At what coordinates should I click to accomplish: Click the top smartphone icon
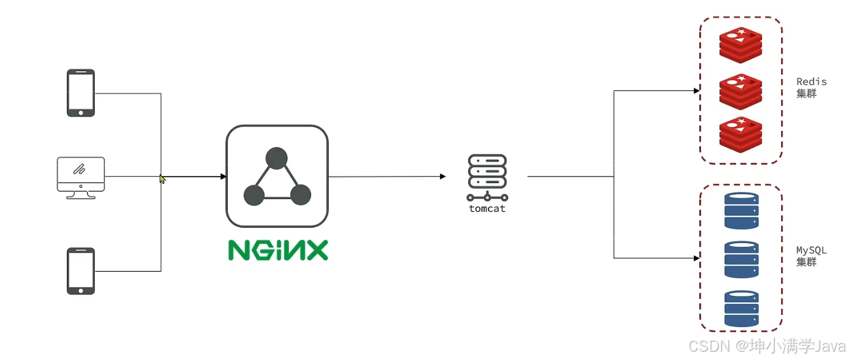click(x=81, y=93)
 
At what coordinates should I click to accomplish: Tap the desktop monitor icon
click(x=81, y=177)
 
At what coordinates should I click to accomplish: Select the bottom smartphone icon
click(x=81, y=271)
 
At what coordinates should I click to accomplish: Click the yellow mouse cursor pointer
click(x=162, y=179)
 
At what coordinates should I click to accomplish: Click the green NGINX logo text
click(x=278, y=250)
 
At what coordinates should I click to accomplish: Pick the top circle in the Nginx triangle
click(x=277, y=158)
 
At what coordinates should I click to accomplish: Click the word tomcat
click(x=487, y=208)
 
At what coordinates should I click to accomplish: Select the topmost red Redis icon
click(x=740, y=45)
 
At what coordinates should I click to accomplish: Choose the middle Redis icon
click(x=740, y=91)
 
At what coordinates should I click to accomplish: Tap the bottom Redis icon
click(x=740, y=135)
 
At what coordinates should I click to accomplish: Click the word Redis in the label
click(x=811, y=82)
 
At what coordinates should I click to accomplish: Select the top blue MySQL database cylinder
click(x=741, y=211)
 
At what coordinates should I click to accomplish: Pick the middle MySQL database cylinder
click(x=741, y=259)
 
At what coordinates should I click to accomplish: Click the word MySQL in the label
click(x=811, y=251)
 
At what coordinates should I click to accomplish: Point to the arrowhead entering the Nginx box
click(x=223, y=177)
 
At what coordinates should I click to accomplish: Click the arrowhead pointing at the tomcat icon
click(x=443, y=177)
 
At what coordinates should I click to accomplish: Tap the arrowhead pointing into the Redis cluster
click(x=697, y=91)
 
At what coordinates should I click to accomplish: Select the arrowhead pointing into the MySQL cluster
click(x=697, y=258)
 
